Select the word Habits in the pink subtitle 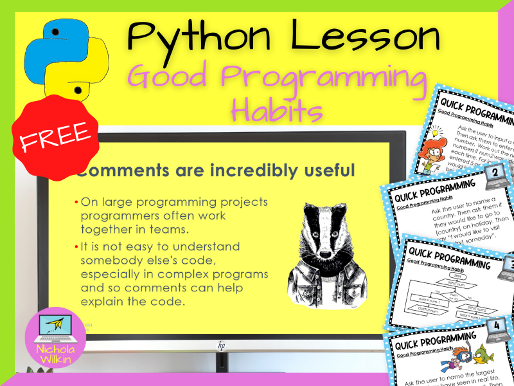tap(277, 110)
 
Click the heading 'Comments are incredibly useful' tap(215, 171)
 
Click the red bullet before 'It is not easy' tap(76, 246)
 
